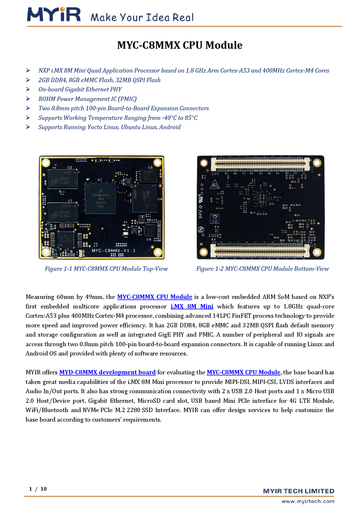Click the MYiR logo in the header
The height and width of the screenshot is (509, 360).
[x=54, y=15]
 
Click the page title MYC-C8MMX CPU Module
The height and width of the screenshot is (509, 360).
[x=180, y=45]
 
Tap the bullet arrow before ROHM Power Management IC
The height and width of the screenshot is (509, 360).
[x=28, y=99]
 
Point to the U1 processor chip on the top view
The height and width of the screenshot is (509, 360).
[x=100, y=198]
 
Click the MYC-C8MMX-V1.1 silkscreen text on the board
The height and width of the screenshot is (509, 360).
[x=114, y=250]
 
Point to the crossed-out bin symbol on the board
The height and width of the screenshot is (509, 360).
[x=215, y=218]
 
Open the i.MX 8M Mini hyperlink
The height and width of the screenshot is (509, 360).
[x=192, y=306]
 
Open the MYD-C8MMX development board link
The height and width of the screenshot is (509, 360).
[x=107, y=372]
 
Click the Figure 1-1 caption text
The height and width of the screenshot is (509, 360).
[x=106, y=269]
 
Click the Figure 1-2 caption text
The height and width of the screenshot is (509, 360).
[x=262, y=269]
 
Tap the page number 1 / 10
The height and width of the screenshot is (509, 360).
[x=38, y=489]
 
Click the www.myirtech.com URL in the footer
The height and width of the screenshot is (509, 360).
[x=308, y=501]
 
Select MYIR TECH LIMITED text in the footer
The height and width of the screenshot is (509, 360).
[x=298, y=491]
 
